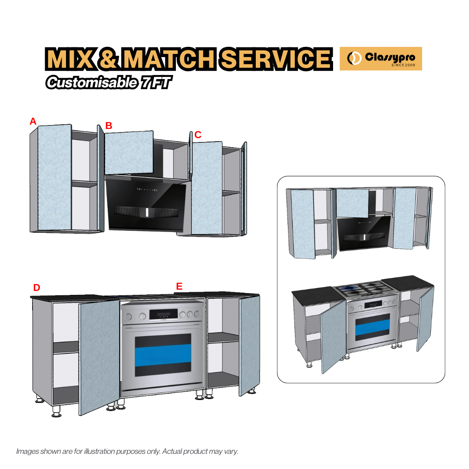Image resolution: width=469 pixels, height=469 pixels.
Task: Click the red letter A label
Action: [33, 122]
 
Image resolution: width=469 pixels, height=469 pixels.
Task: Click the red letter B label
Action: [109, 126]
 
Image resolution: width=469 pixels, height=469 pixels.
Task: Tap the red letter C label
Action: [198, 135]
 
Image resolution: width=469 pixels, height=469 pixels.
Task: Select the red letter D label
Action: [36, 287]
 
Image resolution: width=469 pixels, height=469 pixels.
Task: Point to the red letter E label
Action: [179, 286]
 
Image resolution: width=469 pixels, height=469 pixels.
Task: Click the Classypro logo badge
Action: [380, 58]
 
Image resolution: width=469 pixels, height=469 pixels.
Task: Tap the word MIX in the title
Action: [69, 59]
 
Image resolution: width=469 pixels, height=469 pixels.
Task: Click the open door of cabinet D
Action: [99, 354]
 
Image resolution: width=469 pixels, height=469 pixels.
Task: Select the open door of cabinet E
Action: [249, 345]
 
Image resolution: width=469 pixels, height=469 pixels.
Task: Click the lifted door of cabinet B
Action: [129, 152]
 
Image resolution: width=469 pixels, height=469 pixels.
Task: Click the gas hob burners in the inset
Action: [365, 289]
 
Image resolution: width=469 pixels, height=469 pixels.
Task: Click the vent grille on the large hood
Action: [146, 212]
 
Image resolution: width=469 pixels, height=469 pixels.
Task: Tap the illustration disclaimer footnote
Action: [127, 451]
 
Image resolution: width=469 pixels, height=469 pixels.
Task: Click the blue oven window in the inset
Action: [372, 330]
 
